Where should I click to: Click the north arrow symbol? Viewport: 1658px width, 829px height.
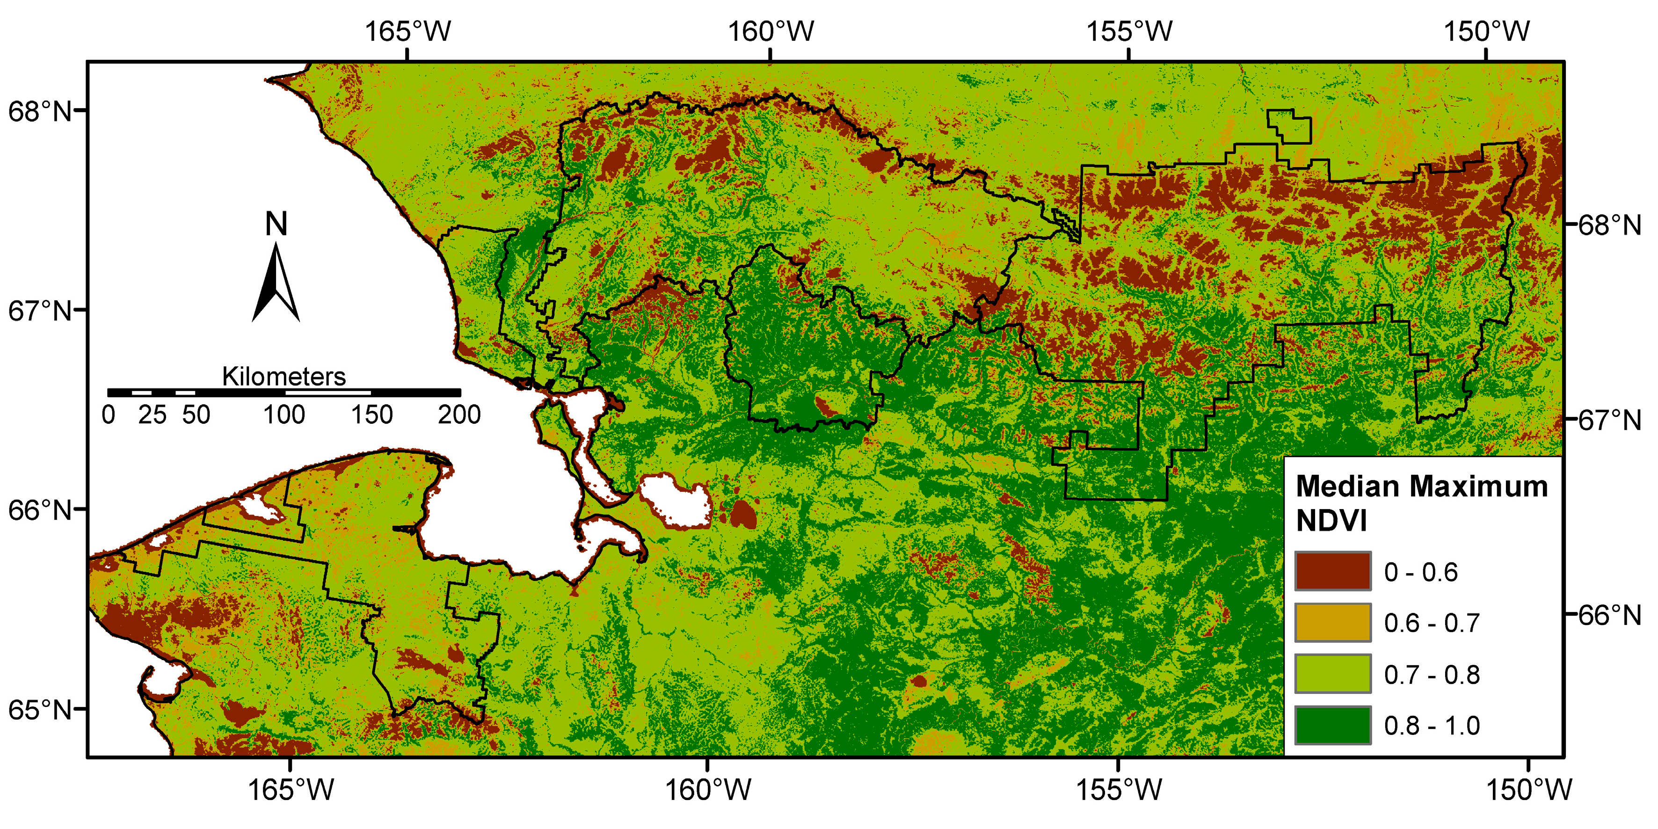pyautogui.click(x=276, y=283)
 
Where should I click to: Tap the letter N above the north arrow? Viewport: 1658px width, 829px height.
pyautogui.click(x=276, y=224)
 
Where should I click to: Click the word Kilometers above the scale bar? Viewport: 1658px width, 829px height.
pyautogui.click(x=284, y=377)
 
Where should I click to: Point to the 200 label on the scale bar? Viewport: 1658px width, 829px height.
pyautogui.click(x=459, y=415)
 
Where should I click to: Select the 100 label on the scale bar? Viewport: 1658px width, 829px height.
pyautogui.click(x=284, y=415)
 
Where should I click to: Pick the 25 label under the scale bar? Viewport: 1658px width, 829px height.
pyautogui.click(x=152, y=415)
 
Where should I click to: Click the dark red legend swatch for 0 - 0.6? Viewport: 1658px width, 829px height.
pyautogui.click(x=1332, y=571)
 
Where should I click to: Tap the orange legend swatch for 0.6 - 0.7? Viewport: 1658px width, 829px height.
pyautogui.click(x=1332, y=622)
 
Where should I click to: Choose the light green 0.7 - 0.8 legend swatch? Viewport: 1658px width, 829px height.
pyautogui.click(x=1332, y=674)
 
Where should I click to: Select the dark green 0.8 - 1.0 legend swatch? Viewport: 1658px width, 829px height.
pyautogui.click(x=1332, y=725)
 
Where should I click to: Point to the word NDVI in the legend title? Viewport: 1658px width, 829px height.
pyautogui.click(x=1331, y=521)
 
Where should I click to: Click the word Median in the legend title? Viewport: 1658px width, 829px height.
pyautogui.click(x=1341, y=487)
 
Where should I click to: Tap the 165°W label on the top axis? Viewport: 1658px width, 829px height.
pyautogui.click(x=408, y=31)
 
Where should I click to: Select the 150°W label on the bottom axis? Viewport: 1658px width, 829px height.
pyautogui.click(x=1528, y=790)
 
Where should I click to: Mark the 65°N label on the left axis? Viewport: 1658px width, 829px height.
pyautogui.click(x=40, y=710)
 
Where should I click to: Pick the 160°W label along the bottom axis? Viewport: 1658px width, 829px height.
pyautogui.click(x=707, y=790)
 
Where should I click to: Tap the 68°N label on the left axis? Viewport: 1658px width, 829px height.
pyautogui.click(x=40, y=111)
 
